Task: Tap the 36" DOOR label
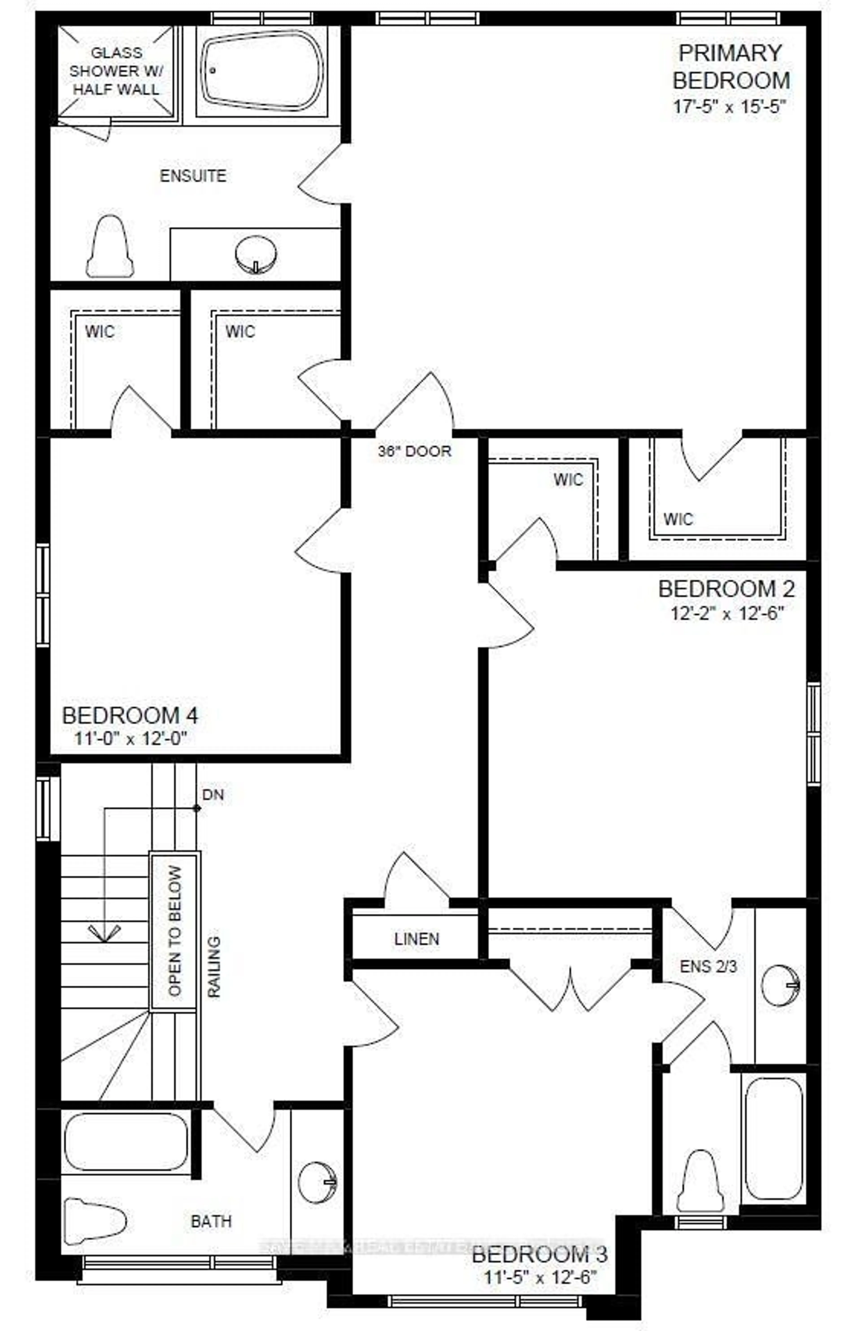[x=414, y=451]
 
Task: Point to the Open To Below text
[x=175, y=931]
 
